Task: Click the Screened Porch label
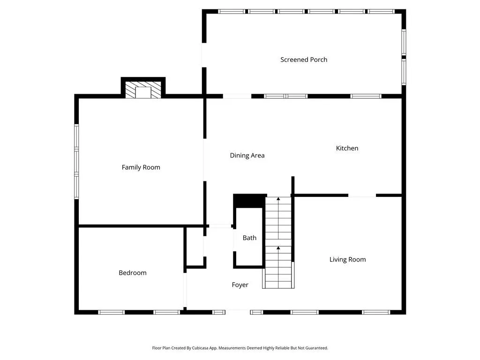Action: (x=304, y=60)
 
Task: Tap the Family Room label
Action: (x=141, y=167)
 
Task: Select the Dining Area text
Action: (x=247, y=156)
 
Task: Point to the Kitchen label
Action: (x=347, y=148)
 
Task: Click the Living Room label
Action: (x=347, y=260)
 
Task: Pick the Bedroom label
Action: (x=133, y=273)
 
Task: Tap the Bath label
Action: (x=249, y=238)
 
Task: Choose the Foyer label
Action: (x=240, y=285)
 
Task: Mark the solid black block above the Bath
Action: (x=249, y=201)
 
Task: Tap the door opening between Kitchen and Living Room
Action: (x=362, y=195)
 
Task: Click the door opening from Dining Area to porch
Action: (x=237, y=96)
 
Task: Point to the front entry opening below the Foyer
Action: (x=238, y=312)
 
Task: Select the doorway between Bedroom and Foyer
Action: (x=185, y=290)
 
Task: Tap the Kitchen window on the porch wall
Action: (x=366, y=96)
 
